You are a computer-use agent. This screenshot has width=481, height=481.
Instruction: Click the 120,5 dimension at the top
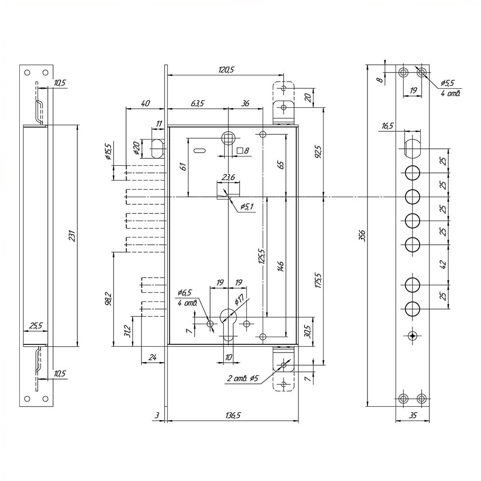226,70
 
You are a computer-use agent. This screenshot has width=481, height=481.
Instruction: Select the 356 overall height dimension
362,235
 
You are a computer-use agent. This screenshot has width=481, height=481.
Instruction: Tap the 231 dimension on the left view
72,236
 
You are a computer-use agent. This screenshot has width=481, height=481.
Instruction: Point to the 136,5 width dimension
233,415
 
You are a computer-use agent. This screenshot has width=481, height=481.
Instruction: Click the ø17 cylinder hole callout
239,299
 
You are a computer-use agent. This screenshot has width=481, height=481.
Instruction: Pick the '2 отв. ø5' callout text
242,378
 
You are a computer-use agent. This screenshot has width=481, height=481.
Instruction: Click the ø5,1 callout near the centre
246,206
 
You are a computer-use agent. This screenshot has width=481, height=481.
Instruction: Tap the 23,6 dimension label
228,177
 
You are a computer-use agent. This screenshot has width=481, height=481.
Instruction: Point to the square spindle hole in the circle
228,139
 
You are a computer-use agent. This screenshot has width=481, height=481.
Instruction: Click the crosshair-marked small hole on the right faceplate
412,336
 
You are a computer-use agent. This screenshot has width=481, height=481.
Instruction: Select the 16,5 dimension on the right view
387,126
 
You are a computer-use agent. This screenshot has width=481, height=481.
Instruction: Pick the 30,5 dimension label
308,331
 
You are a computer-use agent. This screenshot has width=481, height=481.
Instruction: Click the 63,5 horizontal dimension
197,103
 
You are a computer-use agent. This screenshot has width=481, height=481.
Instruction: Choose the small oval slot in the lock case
199,151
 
